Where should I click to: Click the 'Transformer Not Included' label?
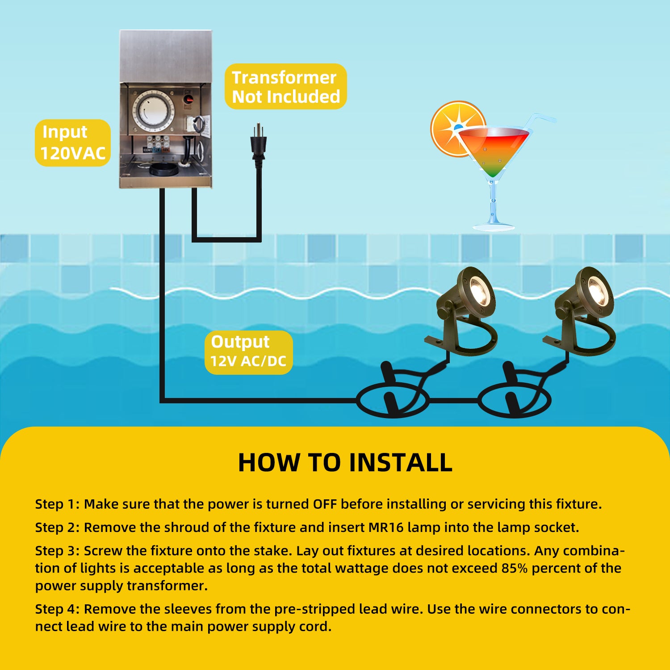[286, 87]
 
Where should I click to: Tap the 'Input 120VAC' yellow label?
[73, 143]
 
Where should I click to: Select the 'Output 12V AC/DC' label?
[249, 352]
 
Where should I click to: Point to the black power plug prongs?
[259, 131]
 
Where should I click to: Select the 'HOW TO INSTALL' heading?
[345, 462]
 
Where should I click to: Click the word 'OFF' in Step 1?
[325, 504]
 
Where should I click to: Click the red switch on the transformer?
[188, 98]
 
